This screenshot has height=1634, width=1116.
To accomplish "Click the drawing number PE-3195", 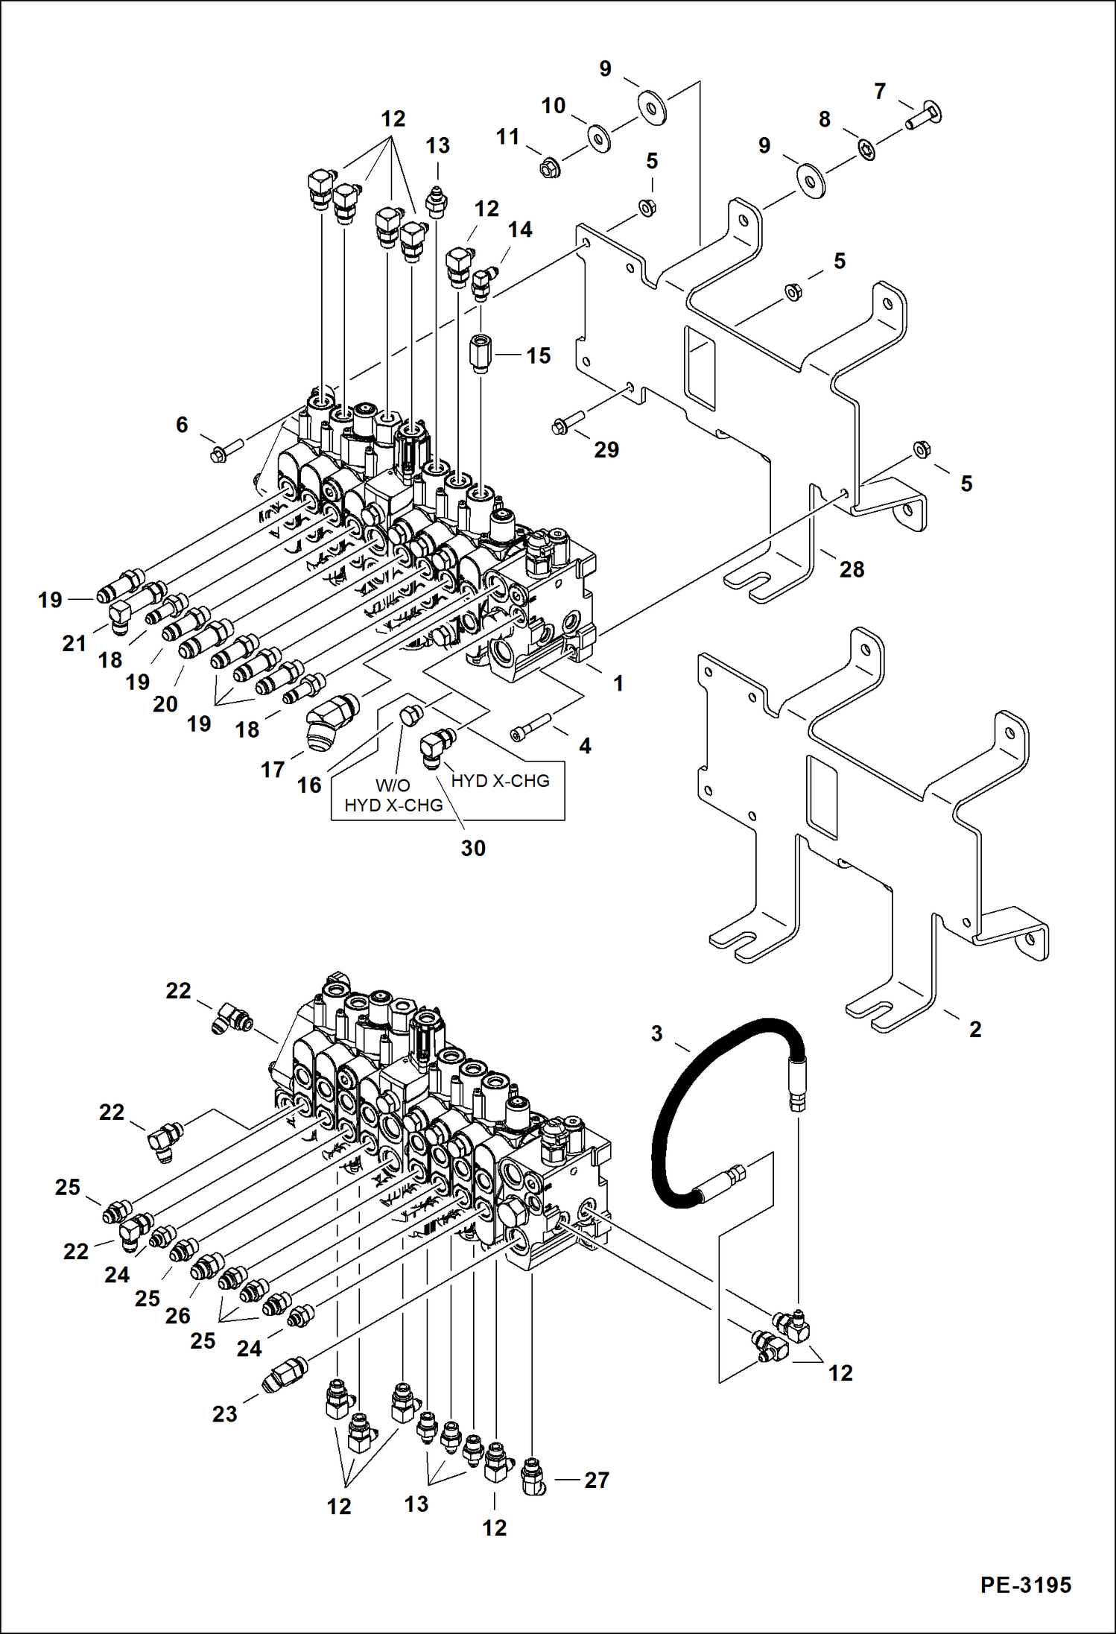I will point(1025,1585).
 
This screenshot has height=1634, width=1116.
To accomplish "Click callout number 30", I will point(472,848).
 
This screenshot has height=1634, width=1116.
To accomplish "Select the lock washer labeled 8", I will point(866,149).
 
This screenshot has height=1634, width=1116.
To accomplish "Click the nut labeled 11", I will point(550,169).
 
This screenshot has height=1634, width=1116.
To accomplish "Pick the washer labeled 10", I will point(598,137).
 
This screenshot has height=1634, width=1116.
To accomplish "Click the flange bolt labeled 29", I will point(570,420).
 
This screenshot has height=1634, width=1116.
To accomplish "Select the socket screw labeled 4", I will point(530,726).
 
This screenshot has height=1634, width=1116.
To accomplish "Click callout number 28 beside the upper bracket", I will point(852,569).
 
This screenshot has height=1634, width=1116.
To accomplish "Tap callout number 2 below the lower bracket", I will point(974,1029).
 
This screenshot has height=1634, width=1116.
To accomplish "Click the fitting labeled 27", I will point(533,1478).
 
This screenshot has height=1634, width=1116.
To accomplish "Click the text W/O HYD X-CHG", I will point(393,795).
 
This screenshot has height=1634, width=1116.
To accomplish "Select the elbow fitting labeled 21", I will point(120,618).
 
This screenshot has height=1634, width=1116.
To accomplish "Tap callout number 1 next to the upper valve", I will point(618,683).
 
